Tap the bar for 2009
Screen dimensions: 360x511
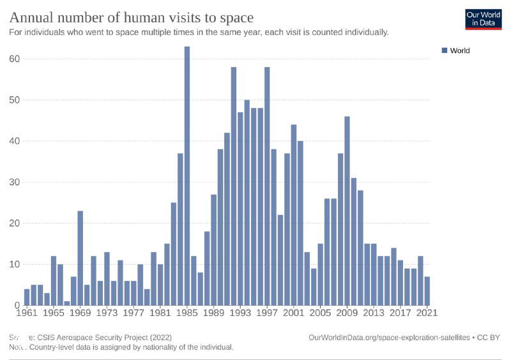pyautogui.click(x=347, y=211)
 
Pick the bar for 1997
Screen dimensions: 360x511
pyautogui.click(x=267, y=186)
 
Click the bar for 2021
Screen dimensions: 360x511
pyautogui.click(x=427, y=290)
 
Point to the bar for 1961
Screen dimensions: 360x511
pyautogui.click(x=27, y=297)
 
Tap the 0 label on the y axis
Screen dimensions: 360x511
pyautogui.click(x=17, y=306)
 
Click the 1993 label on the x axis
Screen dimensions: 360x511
pyautogui.click(x=240, y=313)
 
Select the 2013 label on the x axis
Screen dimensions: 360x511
pyautogui.click(x=374, y=313)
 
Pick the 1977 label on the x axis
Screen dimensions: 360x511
pyautogui.click(x=133, y=313)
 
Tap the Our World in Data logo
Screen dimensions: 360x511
pyautogui.click(x=483, y=19)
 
